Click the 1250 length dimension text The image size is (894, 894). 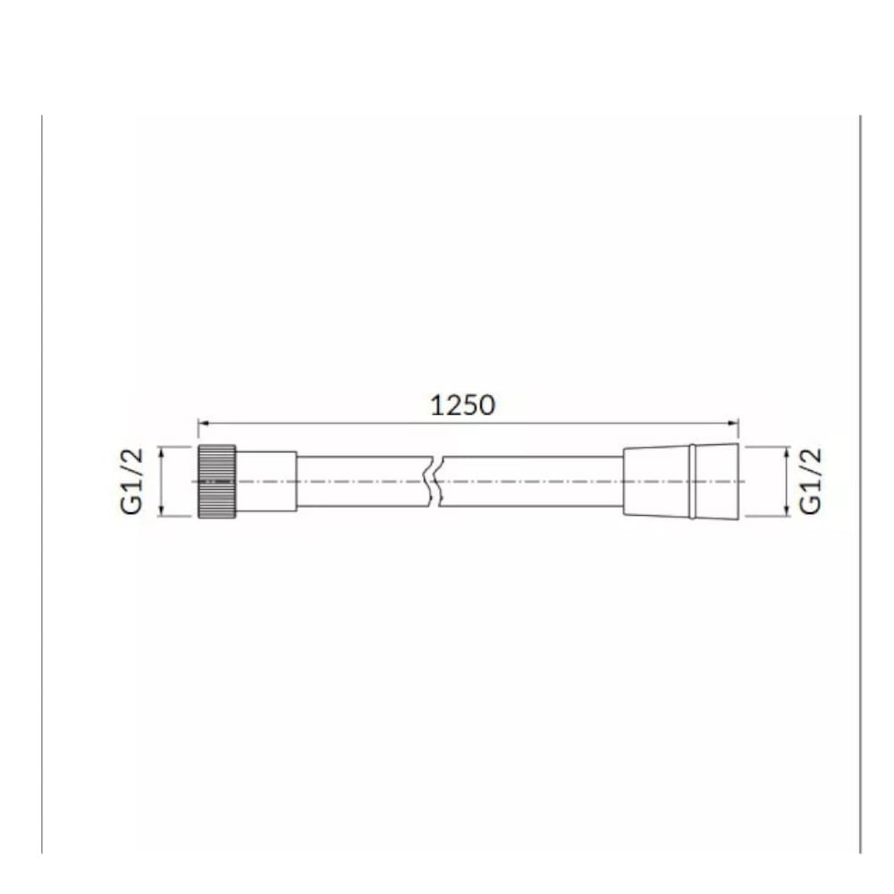[462, 405]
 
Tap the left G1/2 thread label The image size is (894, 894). [131, 481]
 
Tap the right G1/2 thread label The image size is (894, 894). [810, 481]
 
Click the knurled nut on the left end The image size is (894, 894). [216, 481]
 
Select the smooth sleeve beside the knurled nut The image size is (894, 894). [266, 481]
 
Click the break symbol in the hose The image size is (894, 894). [435, 481]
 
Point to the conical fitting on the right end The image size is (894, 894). [680, 481]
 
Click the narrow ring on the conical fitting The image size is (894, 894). [692, 481]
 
